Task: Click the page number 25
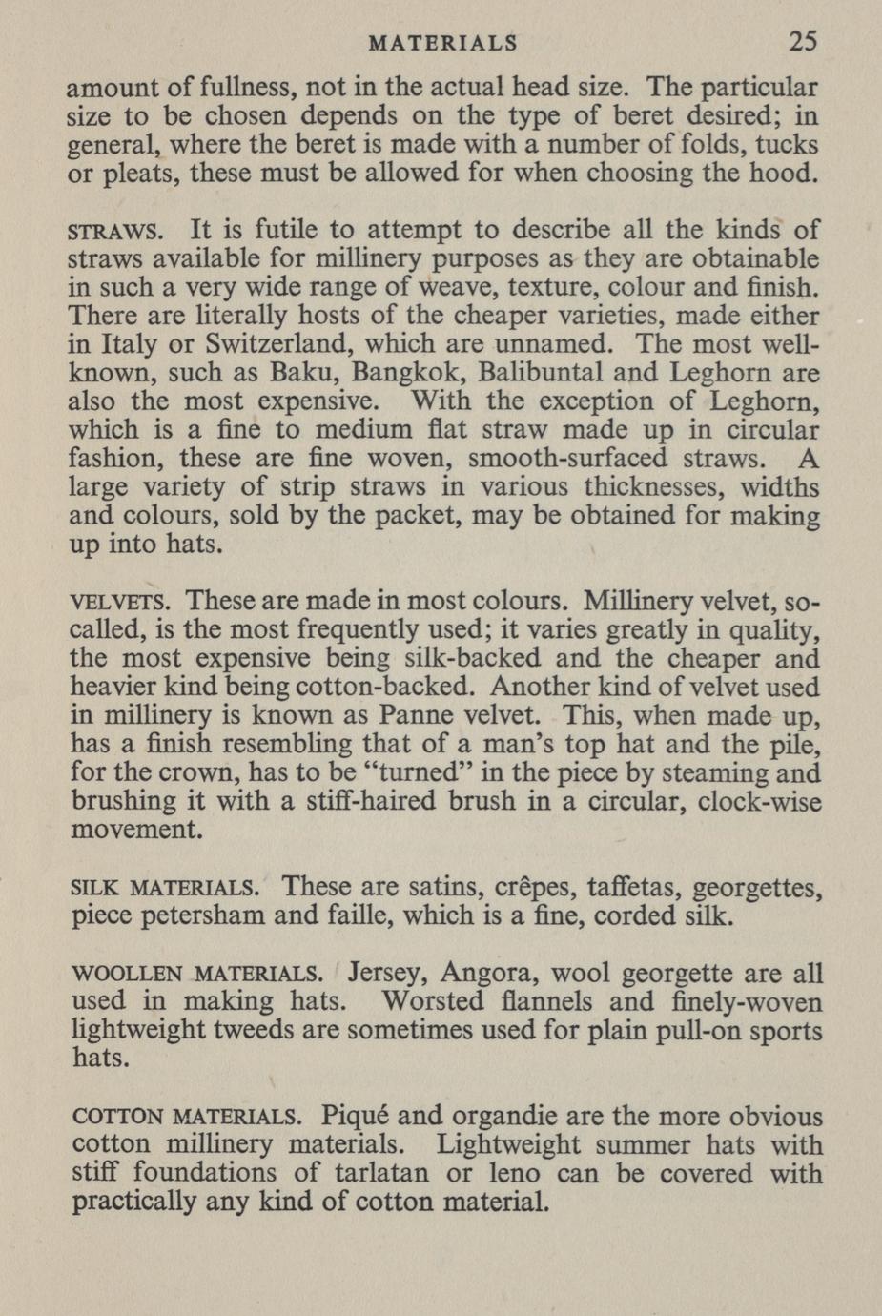pyautogui.click(x=803, y=42)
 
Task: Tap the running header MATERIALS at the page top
pyautogui.click(x=442, y=43)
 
